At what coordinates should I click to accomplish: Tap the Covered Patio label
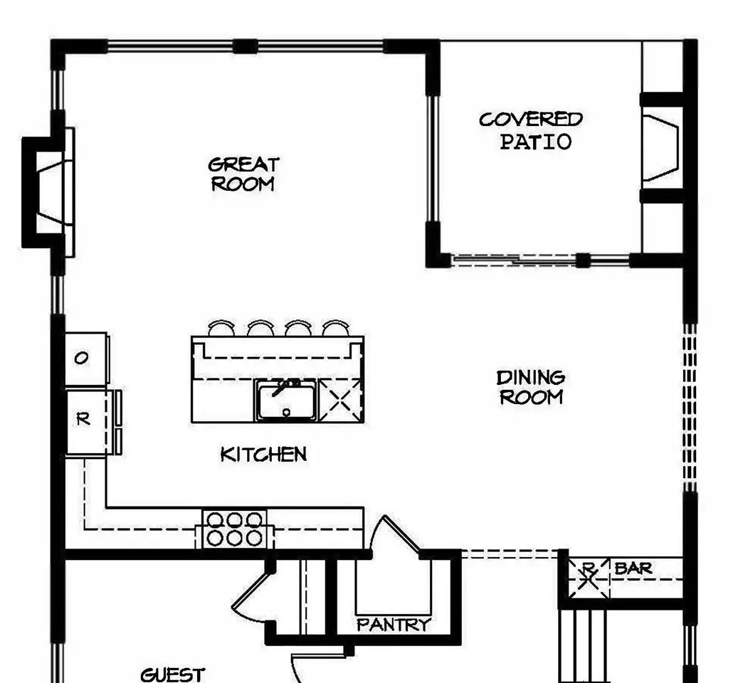(x=532, y=131)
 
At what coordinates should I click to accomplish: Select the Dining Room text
(x=531, y=388)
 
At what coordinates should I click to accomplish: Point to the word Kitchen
(x=263, y=455)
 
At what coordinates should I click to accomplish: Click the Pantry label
(x=394, y=625)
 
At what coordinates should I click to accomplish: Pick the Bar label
(x=633, y=568)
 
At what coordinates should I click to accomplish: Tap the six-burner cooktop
(x=234, y=529)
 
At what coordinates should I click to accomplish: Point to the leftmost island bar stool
(x=221, y=328)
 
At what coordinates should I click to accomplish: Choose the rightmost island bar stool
(x=336, y=328)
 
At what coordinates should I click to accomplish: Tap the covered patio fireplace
(x=661, y=148)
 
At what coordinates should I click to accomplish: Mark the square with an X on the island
(x=341, y=401)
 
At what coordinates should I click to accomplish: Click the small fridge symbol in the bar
(x=588, y=578)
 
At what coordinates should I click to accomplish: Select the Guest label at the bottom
(x=173, y=675)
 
